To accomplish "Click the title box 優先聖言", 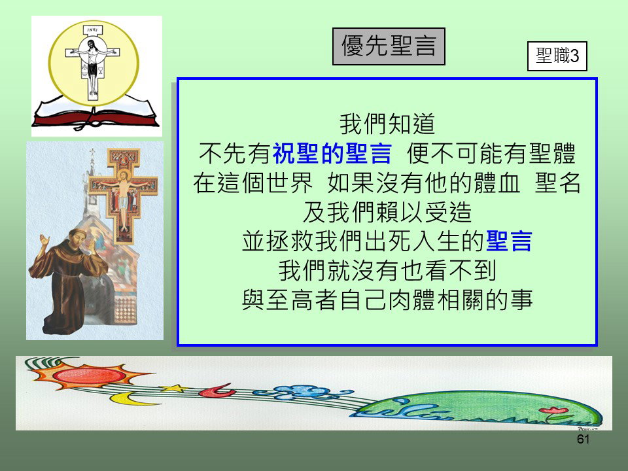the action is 389,46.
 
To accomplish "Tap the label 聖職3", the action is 557,56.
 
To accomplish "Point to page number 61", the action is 583,439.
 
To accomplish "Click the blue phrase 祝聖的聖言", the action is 332,153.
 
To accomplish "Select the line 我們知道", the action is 387,124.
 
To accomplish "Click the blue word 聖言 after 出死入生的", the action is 509,241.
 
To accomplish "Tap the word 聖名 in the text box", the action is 557,183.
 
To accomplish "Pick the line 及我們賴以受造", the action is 387,212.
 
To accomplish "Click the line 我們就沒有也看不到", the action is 387,270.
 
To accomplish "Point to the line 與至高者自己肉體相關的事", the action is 387,300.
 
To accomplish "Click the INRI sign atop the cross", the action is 92,30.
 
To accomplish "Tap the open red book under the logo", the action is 96,113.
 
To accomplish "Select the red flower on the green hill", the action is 553,410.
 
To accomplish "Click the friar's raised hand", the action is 44,241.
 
